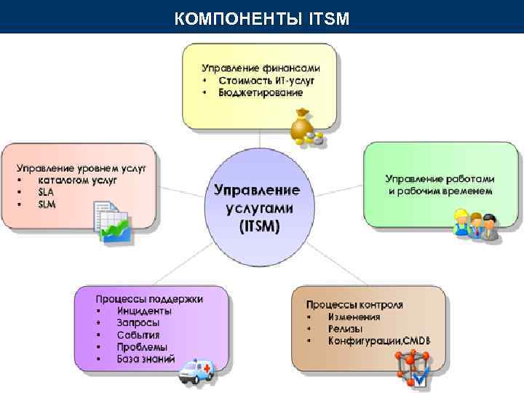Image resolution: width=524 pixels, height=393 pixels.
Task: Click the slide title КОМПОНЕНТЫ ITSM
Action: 262,16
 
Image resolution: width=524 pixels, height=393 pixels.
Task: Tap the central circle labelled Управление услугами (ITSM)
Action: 256,207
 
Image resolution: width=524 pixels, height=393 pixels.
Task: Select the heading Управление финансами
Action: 259,67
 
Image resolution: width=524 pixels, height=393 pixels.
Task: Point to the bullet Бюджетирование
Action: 260,92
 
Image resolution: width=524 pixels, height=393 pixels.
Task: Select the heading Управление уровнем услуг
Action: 82,167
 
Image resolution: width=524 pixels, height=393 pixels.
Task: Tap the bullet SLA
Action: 47,192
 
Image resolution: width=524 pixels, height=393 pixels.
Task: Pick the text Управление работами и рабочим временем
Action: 440,184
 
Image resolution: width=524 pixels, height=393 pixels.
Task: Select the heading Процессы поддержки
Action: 149,298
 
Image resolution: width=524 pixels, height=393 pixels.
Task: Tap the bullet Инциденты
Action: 143,311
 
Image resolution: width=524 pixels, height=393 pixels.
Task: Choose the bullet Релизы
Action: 345,328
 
